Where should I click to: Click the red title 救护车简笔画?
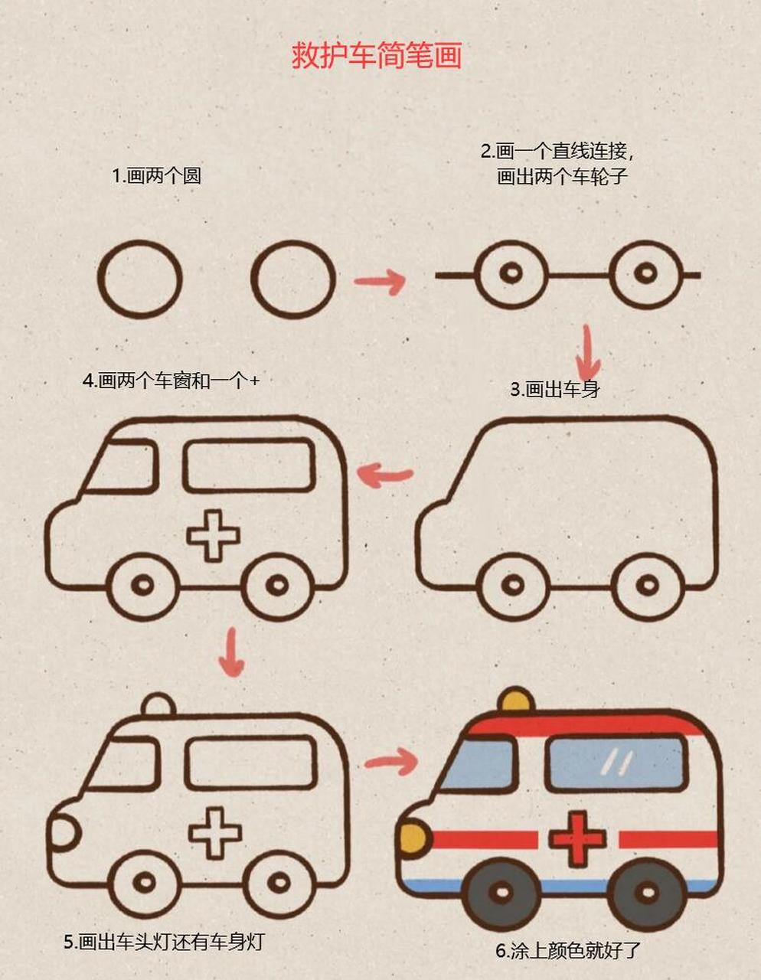point(376,56)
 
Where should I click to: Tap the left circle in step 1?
point(139,279)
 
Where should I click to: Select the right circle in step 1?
point(294,279)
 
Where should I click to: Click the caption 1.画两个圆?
point(156,176)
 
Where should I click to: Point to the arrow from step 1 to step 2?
point(380,281)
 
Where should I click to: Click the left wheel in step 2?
point(511,273)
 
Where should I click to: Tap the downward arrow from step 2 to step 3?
point(588,351)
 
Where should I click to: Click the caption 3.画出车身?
point(555,390)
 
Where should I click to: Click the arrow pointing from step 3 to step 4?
point(387,475)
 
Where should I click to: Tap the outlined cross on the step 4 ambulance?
point(214,535)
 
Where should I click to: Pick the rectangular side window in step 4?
point(249,465)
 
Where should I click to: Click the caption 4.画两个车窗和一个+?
point(171,381)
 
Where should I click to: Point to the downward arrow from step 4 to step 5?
point(231,652)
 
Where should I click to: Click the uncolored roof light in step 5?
point(159,704)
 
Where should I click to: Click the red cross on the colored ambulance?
point(578,840)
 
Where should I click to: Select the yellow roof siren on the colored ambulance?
point(515,701)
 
